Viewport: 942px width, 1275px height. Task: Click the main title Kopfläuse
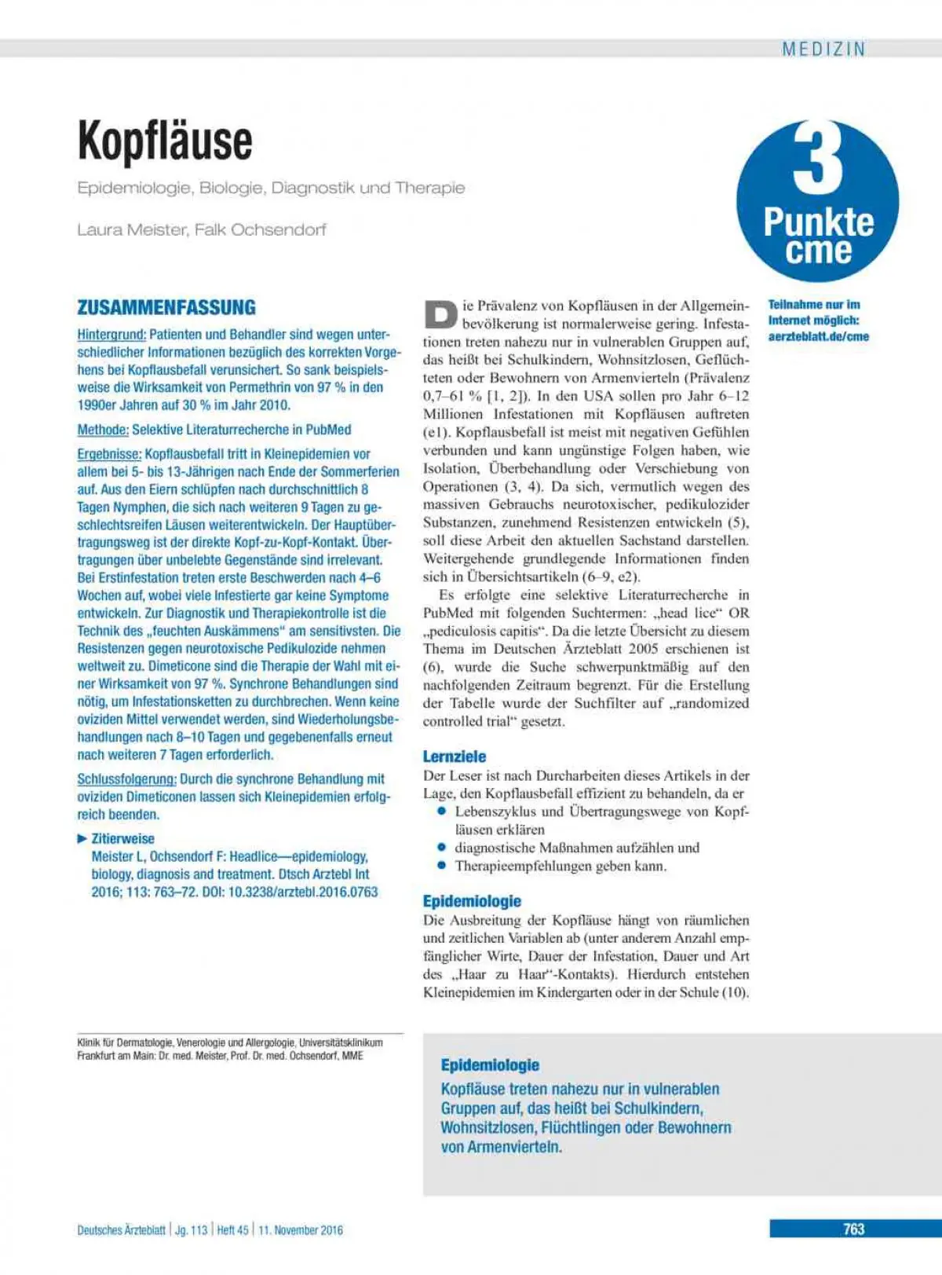[x=165, y=141]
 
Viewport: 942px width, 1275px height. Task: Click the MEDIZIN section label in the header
[x=823, y=49]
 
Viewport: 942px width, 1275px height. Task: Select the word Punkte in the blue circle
[x=818, y=222]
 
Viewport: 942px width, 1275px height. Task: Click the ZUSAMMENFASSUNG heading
[x=166, y=307]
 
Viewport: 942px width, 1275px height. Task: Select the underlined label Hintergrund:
[x=111, y=335]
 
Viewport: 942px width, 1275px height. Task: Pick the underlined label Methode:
[x=103, y=430]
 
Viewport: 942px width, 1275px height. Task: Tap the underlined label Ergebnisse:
[x=109, y=454]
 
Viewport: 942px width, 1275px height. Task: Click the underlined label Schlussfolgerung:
[x=126, y=779]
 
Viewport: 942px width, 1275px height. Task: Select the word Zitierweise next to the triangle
[x=123, y=839]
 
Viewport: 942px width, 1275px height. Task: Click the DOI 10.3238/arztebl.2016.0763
[x=303, y=892]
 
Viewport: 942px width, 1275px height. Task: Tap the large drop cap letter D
[x=440, y=314]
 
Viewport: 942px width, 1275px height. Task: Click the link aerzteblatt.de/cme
[x=819, y=336]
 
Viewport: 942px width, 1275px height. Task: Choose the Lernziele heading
[x=455, y=757]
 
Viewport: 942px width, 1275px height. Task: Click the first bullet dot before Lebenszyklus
[x=442, y=812]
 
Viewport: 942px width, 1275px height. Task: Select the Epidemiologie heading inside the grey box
[x=490, y=1065]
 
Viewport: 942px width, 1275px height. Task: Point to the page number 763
[x=853, y=1229]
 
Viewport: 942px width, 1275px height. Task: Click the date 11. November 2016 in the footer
[x=301, y=1230]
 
